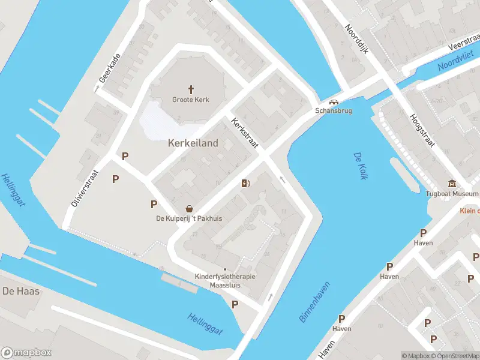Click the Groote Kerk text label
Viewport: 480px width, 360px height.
191,100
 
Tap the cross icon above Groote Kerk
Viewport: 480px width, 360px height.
191,89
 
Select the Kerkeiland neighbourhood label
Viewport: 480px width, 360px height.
193,143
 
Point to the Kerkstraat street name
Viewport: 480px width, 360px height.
245,133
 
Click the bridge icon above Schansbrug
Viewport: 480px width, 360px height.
334,102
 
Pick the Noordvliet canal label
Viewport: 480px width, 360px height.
454,61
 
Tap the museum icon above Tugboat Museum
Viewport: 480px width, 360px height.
452,184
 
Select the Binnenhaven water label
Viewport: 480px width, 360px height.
314,302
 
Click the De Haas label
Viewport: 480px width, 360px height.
21,291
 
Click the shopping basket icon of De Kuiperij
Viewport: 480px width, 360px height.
190,208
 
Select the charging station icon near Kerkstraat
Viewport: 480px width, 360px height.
245,184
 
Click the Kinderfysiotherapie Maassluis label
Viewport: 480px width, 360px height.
225,280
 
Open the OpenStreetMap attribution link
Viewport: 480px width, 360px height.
454,356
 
